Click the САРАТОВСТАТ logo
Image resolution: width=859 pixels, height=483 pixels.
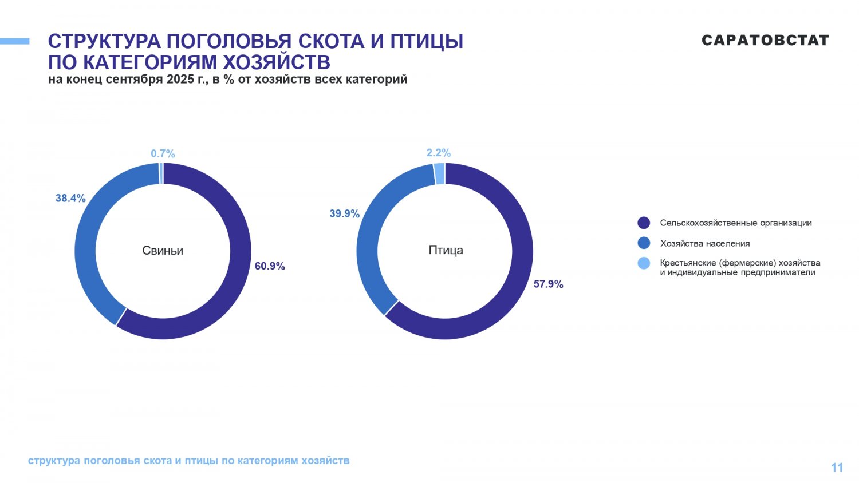point(765,40)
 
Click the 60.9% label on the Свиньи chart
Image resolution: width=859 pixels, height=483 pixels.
point(270,266)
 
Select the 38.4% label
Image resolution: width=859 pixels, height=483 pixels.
point(70,199)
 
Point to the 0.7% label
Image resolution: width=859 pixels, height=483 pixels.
point(163,153)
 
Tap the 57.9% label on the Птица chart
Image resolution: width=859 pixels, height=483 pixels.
point(548,284)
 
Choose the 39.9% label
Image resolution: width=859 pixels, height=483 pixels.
point(344,213)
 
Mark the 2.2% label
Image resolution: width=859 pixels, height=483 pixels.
point(439,153)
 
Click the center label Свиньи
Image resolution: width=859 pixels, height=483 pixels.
point(163,250)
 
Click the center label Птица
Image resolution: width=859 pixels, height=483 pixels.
point(446,250)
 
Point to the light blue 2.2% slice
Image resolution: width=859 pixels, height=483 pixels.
point(439,173)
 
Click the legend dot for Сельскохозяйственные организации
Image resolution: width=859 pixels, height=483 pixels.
point(644,223)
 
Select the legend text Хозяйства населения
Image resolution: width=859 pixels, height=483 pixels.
point(704,243)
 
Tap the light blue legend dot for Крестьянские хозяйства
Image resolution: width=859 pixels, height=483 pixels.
point(644,263)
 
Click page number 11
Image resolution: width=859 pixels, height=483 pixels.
point(837,468)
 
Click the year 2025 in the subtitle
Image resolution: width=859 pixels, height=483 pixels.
point(180,80)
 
